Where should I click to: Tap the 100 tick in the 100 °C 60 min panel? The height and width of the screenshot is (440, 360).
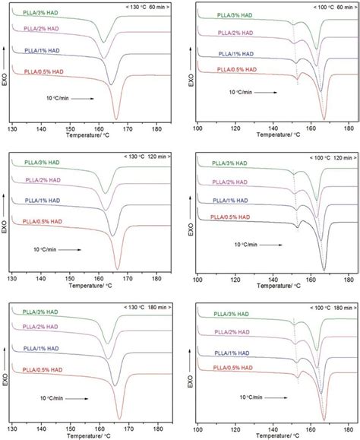click(198, 130)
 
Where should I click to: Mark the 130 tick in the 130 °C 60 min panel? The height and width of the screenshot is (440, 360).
click(11, 130)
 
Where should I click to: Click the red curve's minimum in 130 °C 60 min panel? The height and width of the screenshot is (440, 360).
click(115, 119)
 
